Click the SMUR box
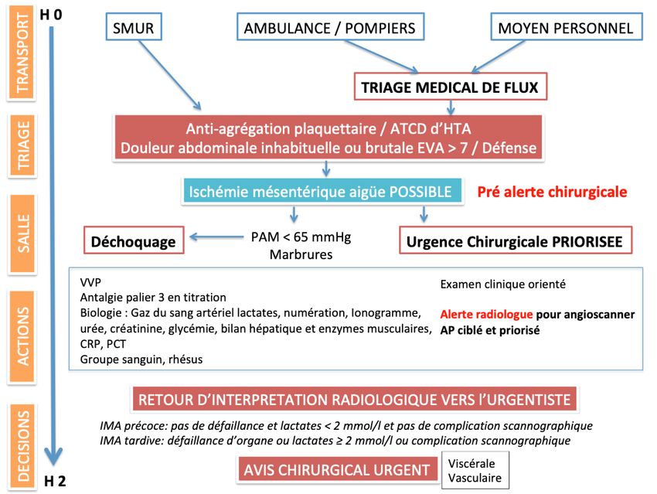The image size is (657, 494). click(133, 29)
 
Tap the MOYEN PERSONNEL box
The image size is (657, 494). click(565, 29)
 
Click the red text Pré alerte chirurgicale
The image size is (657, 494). click(552, 192)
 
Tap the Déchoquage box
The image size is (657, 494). click(134, 242)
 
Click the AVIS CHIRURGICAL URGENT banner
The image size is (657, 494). click(336, 469)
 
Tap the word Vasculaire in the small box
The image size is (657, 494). click(475, 478)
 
